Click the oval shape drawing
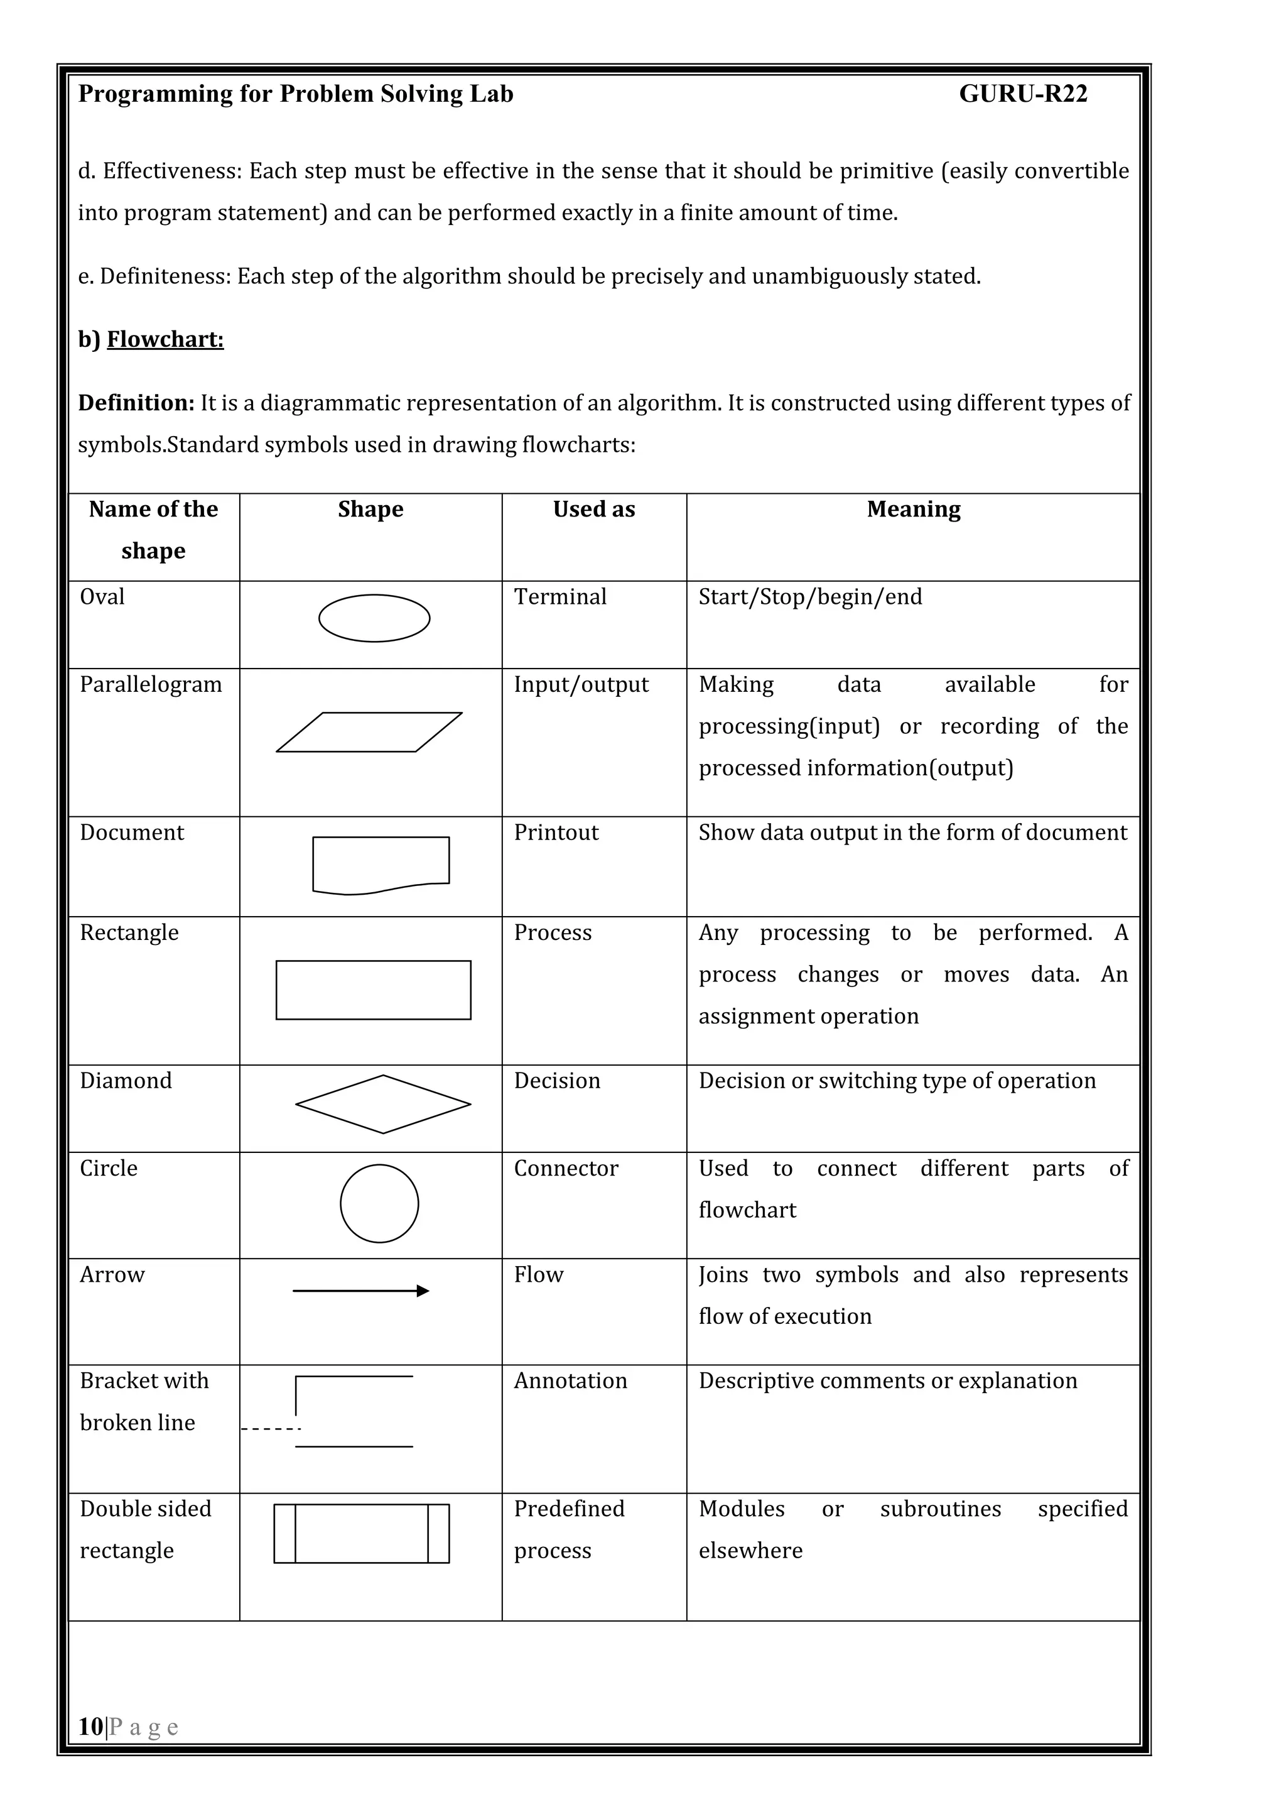pyautogui.click(x=374, y=618)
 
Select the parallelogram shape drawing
pyautogui.click(x=369, y=732)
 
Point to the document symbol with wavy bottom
pyautogui.click(x=381, y=865)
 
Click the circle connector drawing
pyautogui.click(x=379, y=1203)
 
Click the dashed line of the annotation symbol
pyautogui.click(x=271, y=1428)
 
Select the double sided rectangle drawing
pyautogui.click(x=361, y=1533)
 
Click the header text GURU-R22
pyautogui.click(x=1022, y=94)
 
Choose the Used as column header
pyautogui.click(x=594, y=510)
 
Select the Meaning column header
pyautogui.click(x=913, y=510)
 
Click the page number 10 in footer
pyautogui.click(x=90, y=1726)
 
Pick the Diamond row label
pyautogui.click(x=126, y=1081)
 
